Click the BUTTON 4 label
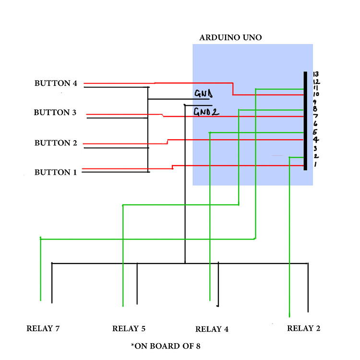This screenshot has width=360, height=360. click(56, 83)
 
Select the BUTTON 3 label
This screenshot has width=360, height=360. click(55, 113)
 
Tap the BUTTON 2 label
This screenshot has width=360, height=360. click(56, 143)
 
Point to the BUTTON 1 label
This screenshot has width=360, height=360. click(55, 172)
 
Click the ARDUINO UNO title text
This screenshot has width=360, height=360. click(230, 37)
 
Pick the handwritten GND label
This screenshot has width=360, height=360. click(204, 93)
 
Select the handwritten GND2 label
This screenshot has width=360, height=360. click(206, 112)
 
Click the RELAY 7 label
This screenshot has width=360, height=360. click(43, 329)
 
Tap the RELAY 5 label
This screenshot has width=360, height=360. click(129, 329)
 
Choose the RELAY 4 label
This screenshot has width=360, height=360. click(212, 329)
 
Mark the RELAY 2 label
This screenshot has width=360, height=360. click(303, 328)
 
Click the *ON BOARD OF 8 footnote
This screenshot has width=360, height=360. click(165, 346)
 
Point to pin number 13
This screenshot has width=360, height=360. click(316, 74)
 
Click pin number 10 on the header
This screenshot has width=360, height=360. click(316, 94)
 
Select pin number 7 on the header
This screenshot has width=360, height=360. click(315, 116)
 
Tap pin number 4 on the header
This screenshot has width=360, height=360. click(315, 140)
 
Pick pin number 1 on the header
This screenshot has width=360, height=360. click(315, 165)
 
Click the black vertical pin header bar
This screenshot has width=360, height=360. click(305, 120)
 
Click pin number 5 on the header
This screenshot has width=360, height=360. click(315, 132)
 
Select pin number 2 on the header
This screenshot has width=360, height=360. click(315, 156)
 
